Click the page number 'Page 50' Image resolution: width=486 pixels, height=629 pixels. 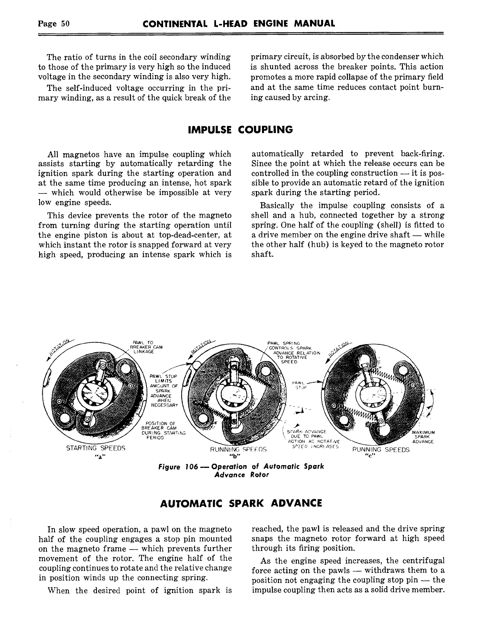pyautogui.click(x=54, y=23)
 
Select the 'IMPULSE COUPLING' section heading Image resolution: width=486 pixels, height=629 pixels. pyautogui.click(x=241, y=130)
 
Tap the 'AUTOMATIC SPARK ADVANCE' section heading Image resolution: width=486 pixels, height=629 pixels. pyautogui.click(x=241, y=503)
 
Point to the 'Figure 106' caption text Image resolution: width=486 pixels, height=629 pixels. pyautogui.click(x=242, y=470)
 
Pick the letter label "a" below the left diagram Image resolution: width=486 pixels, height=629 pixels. pyautogui.click(x=97, y=456)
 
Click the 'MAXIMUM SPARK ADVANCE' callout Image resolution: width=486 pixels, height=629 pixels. pyautogui.click(x=423, y=437)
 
